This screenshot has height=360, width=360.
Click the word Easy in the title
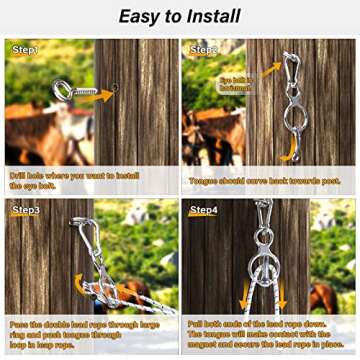tap(143, 15)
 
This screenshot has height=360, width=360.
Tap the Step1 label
tap(25, 49)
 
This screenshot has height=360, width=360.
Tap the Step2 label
tap(205, 49)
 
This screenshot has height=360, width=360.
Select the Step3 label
tap(26, 211)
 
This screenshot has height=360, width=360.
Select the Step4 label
tap(204, 211)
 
